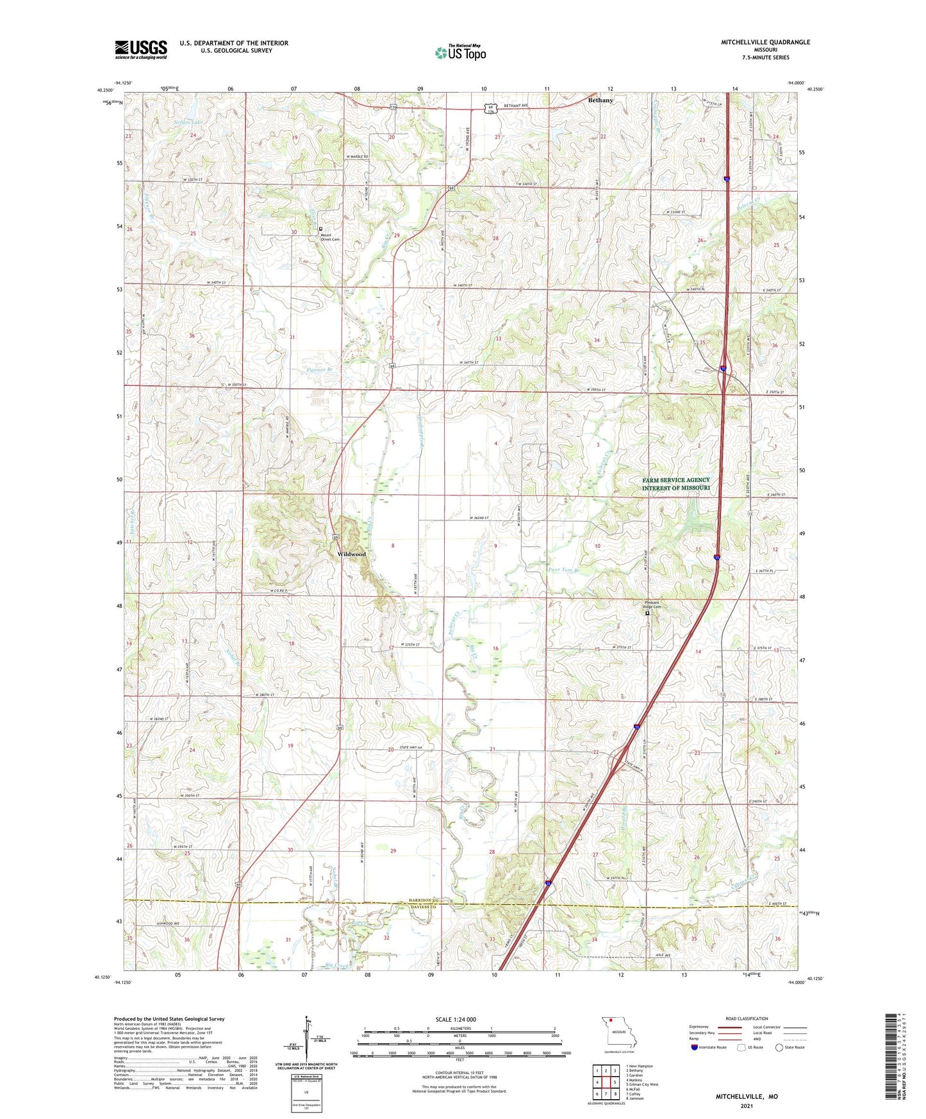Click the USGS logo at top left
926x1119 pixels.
click(x=141, y=49)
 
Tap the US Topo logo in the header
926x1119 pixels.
click(x=460, y=53)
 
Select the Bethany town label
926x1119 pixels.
click(x=600, y=101)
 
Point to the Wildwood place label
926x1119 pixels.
click(x=351, y=554)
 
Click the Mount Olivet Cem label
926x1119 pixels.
click(x=330, y=236)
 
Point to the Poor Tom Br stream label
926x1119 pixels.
click(x=563, y=570)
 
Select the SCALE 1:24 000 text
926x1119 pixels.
click(x=456, y=1019)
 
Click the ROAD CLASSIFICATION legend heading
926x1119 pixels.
click(x=747, y=1018)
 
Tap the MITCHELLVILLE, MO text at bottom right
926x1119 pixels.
click(x=747, y=1097)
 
